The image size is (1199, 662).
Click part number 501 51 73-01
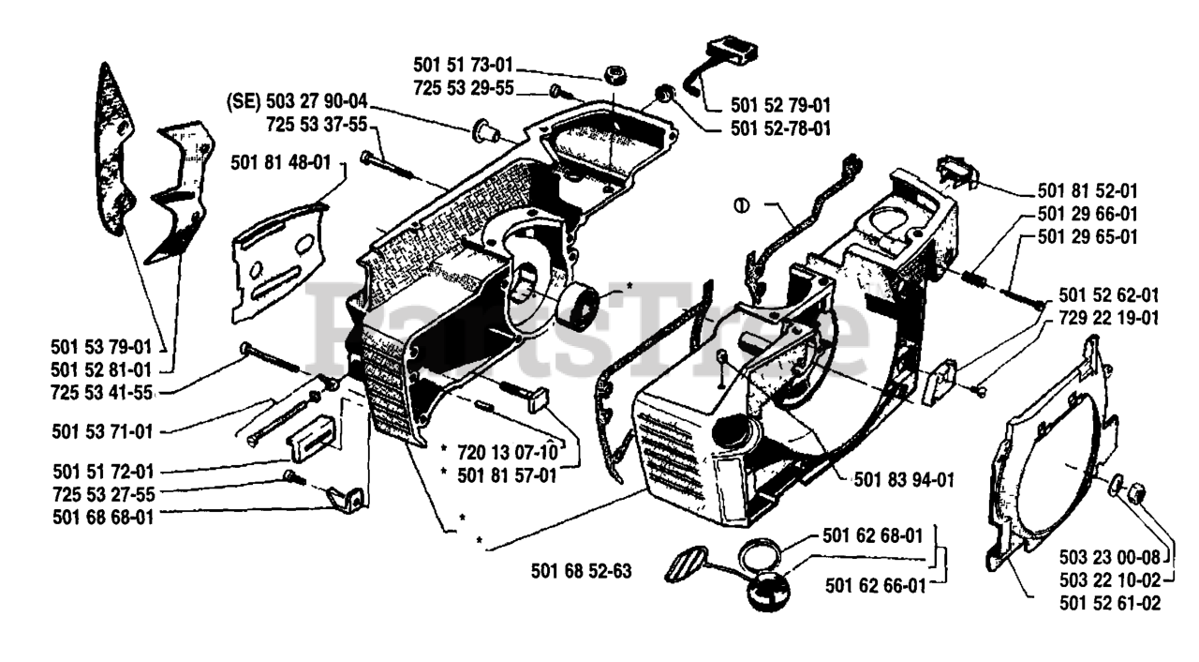(x=463, y=66)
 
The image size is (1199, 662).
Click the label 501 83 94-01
(x=904, y=480)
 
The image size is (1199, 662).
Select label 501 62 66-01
(x=875, y=585)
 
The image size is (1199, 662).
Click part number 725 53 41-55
(x=104, y=391)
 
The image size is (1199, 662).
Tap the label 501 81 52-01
(x=1088, y=188)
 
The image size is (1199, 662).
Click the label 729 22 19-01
(x=1109, y=318)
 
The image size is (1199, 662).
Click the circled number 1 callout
(x=741, y=203)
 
